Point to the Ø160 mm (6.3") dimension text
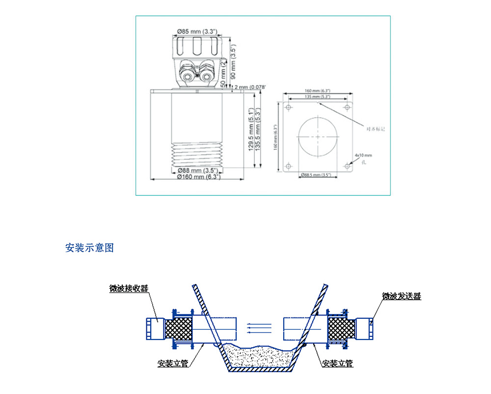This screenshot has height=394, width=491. (x=199, y=176)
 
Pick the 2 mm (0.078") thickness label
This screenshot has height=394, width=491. (x=250, y=87)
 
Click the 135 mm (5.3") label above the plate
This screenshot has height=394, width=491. (x=317, y=97)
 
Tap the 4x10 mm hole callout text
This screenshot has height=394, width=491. (x=364, y=155)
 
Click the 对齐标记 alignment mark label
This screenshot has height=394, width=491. (x=376, y=129)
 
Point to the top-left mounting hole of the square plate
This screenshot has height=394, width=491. (x=288, y=107)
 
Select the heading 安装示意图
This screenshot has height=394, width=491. (x=89, y=248)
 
